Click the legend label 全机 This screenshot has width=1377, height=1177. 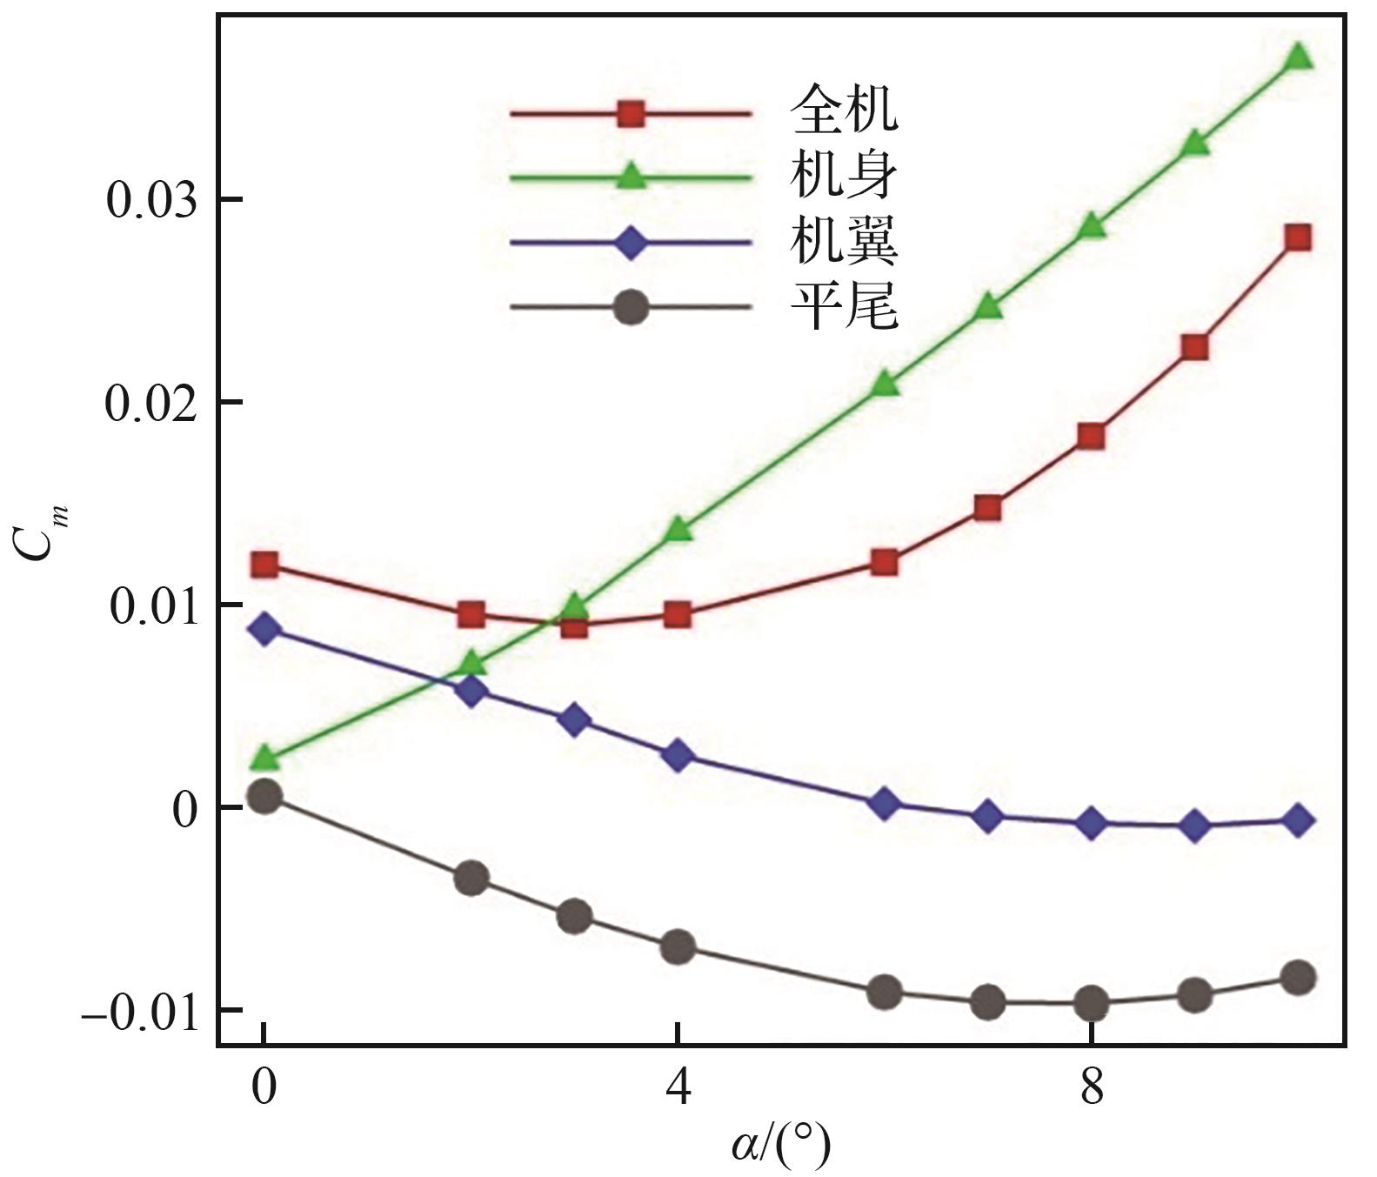click(843, 110)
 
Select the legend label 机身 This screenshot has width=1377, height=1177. click(843, 177)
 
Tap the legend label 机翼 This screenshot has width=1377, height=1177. click(843, 243)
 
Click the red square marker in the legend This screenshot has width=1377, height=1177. click(631, 113)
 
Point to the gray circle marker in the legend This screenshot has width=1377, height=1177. click(631, 308)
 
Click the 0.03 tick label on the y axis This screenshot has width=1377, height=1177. click(150, 200)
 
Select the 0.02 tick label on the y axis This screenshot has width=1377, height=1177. click(150, 403)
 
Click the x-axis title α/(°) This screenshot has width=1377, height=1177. click(780, 1147)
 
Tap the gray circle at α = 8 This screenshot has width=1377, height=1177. click(1092, 1003)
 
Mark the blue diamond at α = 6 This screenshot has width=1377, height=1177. click(885, 804)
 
